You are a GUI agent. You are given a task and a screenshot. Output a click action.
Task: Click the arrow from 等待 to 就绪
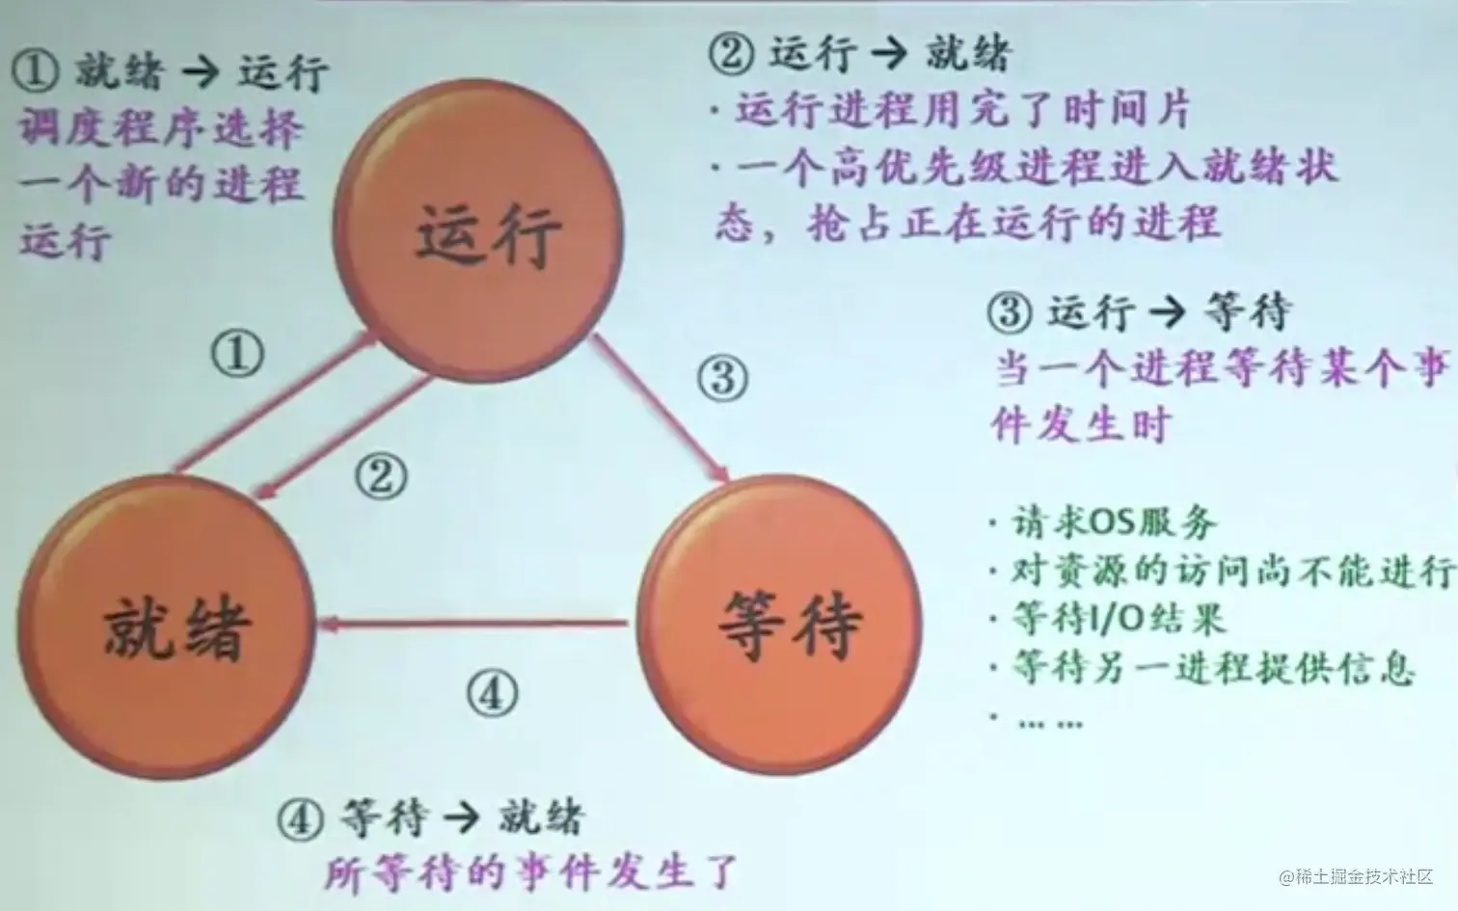(472, 625)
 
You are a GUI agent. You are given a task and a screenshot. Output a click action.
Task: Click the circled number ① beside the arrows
(237, 355)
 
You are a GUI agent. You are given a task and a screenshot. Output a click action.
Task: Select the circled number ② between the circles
(382, 476)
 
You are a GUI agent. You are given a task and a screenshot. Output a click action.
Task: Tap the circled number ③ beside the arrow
(722, 377)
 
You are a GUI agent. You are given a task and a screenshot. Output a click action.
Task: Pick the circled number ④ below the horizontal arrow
(493, 692)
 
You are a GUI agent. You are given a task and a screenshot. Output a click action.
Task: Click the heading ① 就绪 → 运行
(172, 72)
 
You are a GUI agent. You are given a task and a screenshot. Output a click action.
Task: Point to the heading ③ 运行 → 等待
(1139, 311)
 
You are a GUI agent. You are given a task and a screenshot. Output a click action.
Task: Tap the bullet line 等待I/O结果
(1117, 618)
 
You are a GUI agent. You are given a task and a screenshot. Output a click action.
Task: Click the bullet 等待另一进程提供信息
(1209, 667)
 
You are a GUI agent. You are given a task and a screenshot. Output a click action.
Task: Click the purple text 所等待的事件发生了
(529, 873)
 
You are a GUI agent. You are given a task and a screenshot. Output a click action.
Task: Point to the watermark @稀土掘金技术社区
(1356, 876)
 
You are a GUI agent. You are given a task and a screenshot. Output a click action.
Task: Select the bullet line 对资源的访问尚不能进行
(1228, 571)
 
